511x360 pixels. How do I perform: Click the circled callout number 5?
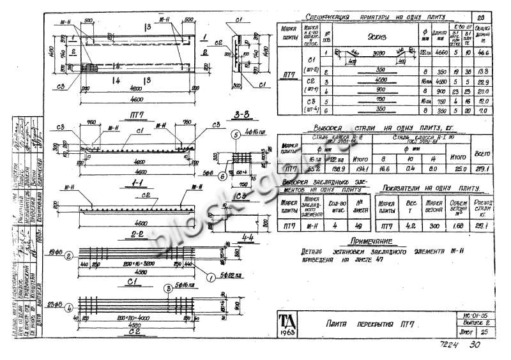[x=236, y=135]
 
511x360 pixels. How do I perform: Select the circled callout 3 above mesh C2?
[x=167, y=289]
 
